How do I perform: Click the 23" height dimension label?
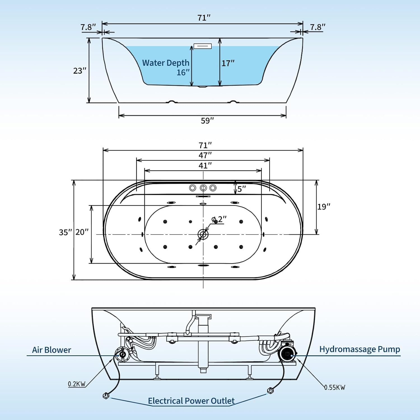[x=80, y=71]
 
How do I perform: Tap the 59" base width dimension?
[x=207, y=121]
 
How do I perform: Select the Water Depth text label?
[x=165, y=63]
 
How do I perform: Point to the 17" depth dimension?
[x=228, y=63]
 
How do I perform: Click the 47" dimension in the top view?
[x=205, y=155]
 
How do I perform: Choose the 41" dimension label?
[x=205, y=165]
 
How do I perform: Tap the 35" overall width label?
[x=65, y=232]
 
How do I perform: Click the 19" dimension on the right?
[x=323, y=207]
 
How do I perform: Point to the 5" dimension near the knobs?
[x=241, y=189]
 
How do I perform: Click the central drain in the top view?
[x=203, y=234]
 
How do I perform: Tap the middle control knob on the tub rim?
[x=203, y=188]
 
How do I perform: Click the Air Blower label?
[x=52, y=350]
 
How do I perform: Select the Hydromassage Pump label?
[x=360, y=349]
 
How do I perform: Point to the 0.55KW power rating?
[x=335, y=388]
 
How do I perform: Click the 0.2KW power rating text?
[x=77, y=384]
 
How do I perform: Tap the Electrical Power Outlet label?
[x=191, y=401]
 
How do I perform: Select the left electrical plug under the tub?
[x=106, y=396]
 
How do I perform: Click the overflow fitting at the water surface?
[x=202, y=46]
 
